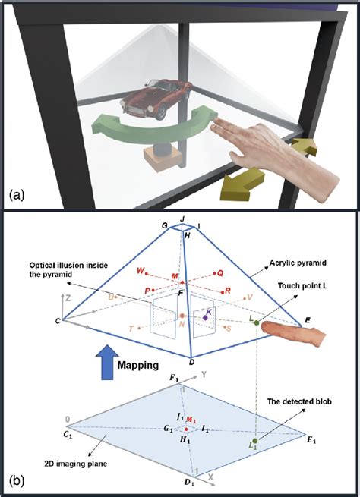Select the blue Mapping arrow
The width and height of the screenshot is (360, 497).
point(104,360)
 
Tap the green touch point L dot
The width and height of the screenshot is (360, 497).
point(257,325)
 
